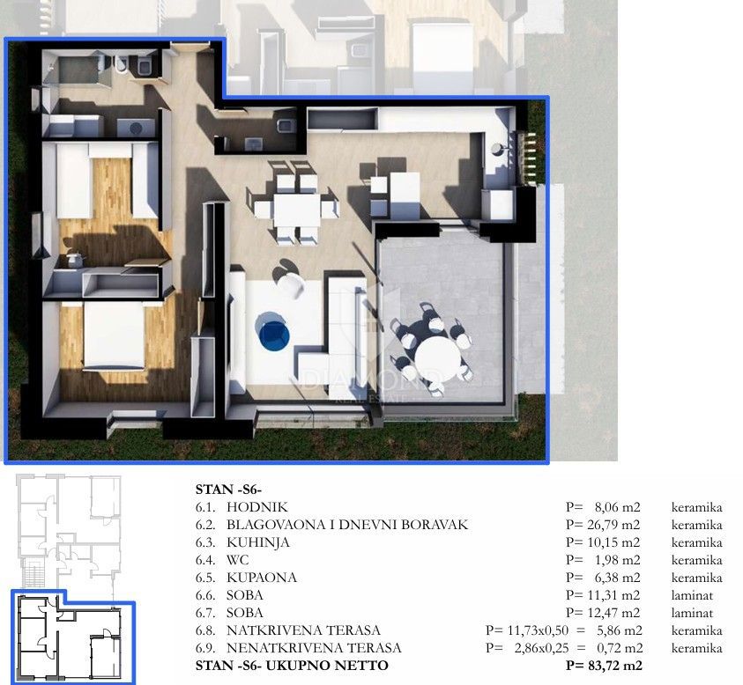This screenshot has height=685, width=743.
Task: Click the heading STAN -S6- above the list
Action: point(229,490)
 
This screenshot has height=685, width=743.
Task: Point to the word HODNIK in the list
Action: point(256,507)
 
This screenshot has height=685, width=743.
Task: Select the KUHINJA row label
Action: point(257,542)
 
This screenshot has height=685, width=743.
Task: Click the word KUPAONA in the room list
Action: point(262,578)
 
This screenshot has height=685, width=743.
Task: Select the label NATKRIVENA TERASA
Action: point(303,630)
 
